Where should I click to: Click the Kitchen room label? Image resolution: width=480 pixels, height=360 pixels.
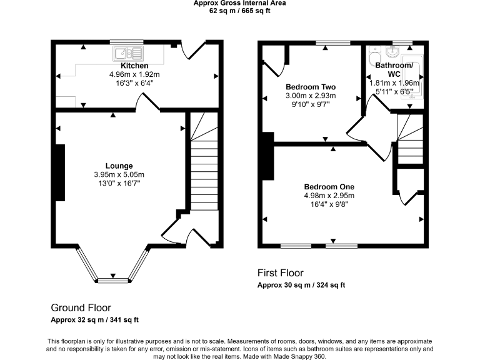point(134,66)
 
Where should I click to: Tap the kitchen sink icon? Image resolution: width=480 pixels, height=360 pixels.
point(128,54)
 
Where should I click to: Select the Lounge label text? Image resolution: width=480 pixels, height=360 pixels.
point(119,166)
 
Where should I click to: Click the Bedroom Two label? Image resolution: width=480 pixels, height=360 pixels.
point(311,87)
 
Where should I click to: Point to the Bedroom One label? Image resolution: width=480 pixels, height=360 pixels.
point(329,187)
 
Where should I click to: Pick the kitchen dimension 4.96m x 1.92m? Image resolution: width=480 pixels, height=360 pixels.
point(134,74)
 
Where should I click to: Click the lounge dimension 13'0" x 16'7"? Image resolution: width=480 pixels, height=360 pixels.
point(119,183)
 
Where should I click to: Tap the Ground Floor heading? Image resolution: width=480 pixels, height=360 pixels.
point(81,307)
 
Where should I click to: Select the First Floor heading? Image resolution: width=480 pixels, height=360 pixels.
point(281,272)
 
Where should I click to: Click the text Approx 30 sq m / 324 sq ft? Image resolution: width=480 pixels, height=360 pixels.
point(301,285)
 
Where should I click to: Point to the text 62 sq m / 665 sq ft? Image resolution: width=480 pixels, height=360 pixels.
point(240,11)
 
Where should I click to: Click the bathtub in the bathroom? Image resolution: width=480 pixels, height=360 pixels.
point(412,77)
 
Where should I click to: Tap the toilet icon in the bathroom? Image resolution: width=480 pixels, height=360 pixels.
point(375,54)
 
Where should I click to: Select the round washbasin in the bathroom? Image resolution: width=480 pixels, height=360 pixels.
point(392,52)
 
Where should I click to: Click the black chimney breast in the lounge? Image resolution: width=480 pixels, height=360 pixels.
point(60,172)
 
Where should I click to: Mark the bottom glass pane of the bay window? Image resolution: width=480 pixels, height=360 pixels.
point(113,280)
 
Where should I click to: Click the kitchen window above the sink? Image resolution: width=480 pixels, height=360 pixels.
point(127,42)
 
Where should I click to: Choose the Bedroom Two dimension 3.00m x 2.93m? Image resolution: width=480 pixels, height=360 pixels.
point(311,96)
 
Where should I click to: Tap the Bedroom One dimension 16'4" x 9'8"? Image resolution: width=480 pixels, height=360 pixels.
point(329,204)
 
